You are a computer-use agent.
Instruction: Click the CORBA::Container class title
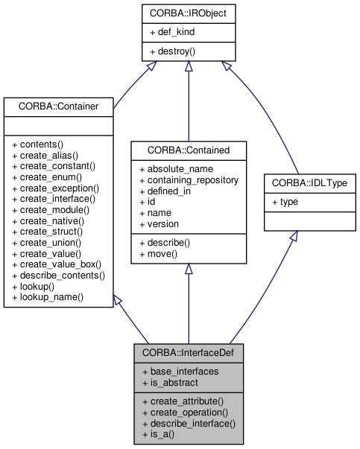pos(57,106)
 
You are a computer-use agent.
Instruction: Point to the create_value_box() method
pos(57,264)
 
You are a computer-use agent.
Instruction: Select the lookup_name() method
pos(48,296)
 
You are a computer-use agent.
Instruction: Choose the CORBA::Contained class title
pos(189,150)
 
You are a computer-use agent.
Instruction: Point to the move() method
pos(158,254)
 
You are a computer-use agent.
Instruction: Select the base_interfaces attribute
pos(178,372)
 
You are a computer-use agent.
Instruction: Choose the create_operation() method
pos(183,412)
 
